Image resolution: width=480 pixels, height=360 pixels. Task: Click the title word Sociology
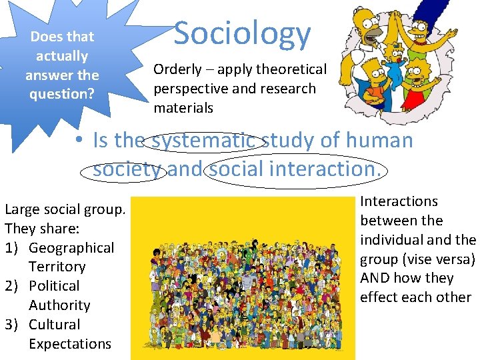pyautogui.click(x=243, y=34)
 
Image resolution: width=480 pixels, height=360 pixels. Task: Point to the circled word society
pyautogui.click(x=127, y=169)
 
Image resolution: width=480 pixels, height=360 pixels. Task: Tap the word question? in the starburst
pyautogui.click(x=62, y=94)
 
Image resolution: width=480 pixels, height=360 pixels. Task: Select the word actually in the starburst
pyautogui.click(x=62, y=56)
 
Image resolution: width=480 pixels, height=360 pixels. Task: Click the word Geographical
pyautogui.click(x=72, y=248)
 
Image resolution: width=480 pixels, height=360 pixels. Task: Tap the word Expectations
pyautogui.click(x=70, y=344)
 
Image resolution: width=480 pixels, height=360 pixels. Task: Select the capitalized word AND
pyautogui.click(x=375, y=278)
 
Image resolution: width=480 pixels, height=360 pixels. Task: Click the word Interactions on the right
pyautogui.click(x=399, y=201)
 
